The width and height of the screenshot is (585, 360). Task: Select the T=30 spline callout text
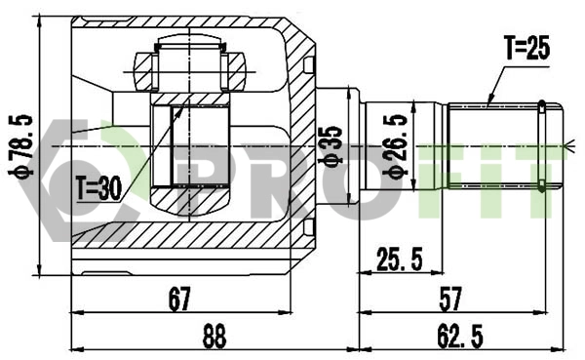pyautogui.click(x=97, y=187)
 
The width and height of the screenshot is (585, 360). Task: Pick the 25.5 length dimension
pyautogui.click(x=400, y=259)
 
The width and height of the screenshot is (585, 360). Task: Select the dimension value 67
pyautogui.click(x=178, y=299)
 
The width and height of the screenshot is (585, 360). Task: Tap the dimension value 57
pyautogui.click(x=451, y=299)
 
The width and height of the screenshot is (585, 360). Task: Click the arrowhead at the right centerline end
pyautogui.click(x=565, y=147)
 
